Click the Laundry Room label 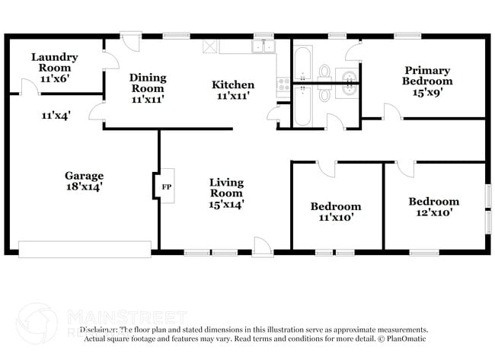(x=54, y=62)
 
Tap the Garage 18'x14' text (x=84, y=180)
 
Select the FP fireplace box (x=166, y=185)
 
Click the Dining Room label (x=147, y=83)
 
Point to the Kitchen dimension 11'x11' (x=233, y=96)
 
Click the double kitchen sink (x=264, y=47)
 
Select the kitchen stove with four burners (x=283, y=84)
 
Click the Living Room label (x=227, y=187)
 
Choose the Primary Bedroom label (x=428, y=75)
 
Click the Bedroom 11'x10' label (x=335, y=212)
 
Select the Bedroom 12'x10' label (x=433, y=207)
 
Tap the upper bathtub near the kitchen (x=302, y=63)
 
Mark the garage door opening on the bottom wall (x=85, y=249)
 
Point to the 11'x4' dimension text (x=56, y=116)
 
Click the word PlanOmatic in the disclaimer (x=406, y=338)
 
